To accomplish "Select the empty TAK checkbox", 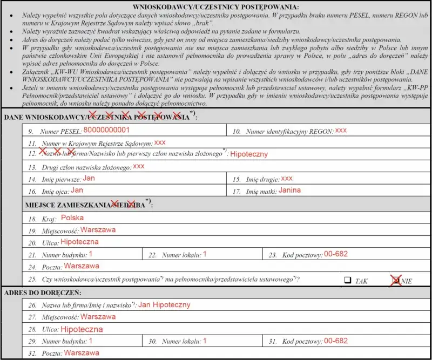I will [348, 280].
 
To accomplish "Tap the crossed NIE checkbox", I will [397, 280].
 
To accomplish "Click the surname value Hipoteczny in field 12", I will [249, 154].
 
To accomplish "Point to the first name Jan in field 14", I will [90, 178].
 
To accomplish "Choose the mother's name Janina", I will [290, 190].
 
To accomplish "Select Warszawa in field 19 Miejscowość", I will [98, 230].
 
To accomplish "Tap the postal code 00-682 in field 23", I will [336, 254].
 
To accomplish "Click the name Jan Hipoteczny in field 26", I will [164, 304].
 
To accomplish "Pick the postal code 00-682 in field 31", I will [336, 341].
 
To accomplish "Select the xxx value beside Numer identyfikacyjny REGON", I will [341, 131].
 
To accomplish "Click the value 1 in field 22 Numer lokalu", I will [205, 254].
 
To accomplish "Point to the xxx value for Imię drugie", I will [287, 178].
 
